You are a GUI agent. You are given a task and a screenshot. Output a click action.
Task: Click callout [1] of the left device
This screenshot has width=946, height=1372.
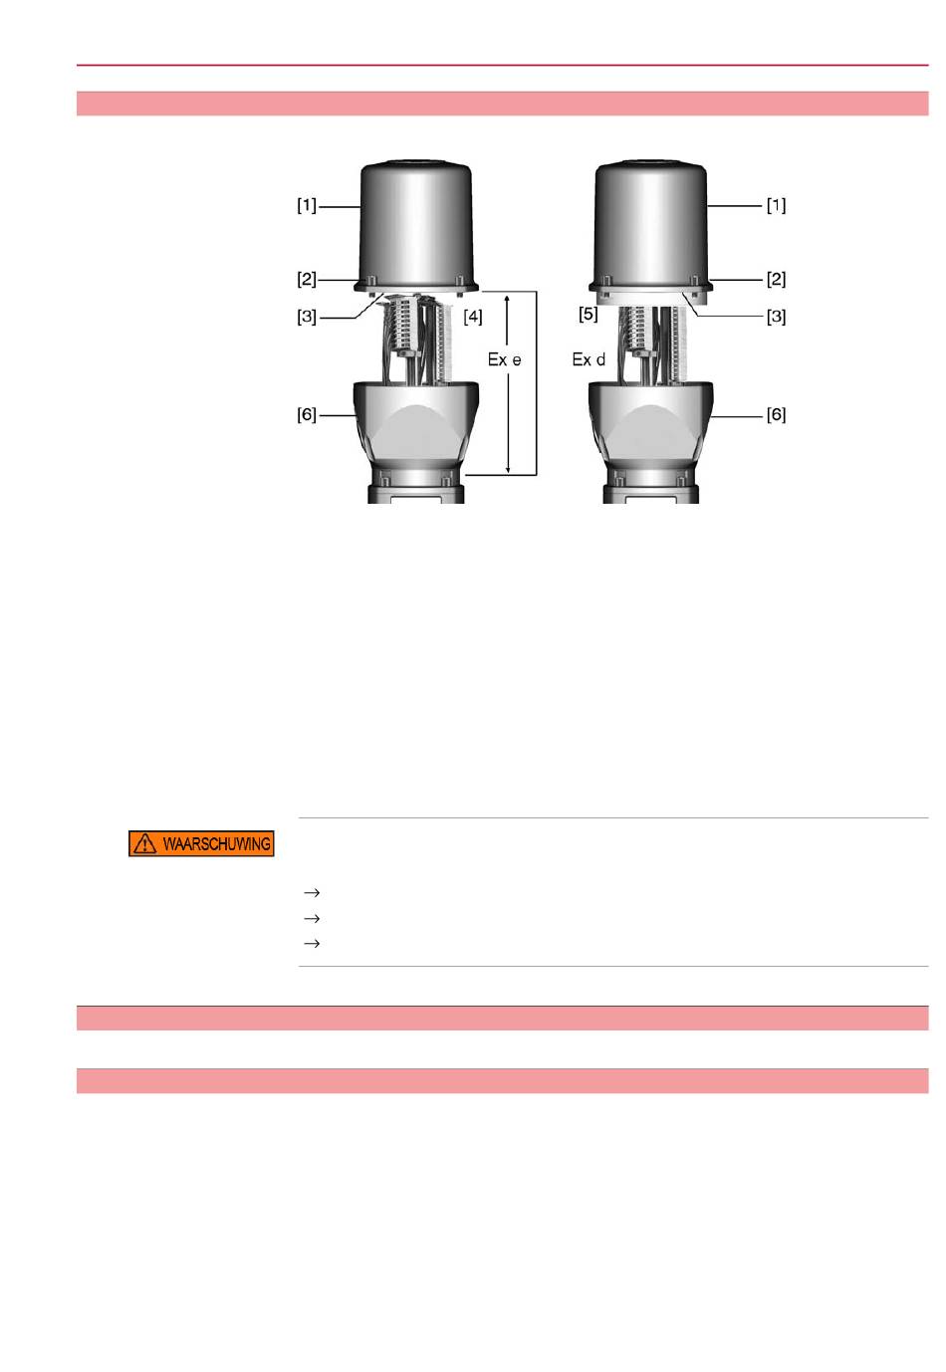point(307,205)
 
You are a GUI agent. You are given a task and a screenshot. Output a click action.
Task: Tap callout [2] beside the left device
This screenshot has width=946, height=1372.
point(307,280)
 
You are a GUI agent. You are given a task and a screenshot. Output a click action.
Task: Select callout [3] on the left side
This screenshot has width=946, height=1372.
point(307,317)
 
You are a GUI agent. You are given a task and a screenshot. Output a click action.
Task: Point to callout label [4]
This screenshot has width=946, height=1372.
point(472,317)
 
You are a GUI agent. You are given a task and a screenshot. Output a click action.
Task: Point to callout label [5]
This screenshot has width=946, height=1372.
point(589,315)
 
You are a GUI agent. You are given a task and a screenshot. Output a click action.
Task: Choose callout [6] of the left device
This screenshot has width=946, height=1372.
point(307,414)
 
